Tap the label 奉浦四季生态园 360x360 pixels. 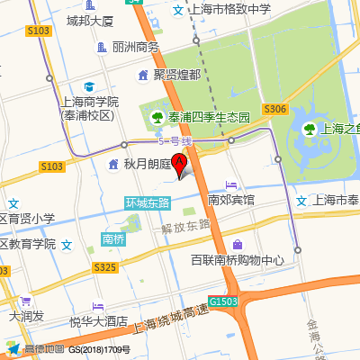click(x=200, y=116)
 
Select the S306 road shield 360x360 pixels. click(x=275, y=109)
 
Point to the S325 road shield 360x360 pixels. click(x=105, y=267)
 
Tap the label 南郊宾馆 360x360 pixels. click(x=231, y=199)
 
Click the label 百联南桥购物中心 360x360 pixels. click(x=237, y=261)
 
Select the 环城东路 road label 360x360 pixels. click(x=148, y=202)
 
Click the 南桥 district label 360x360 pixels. click(x=113, y=239)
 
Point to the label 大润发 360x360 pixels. click(x=26, y=316)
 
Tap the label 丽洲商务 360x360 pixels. click(x=135, y=47)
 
